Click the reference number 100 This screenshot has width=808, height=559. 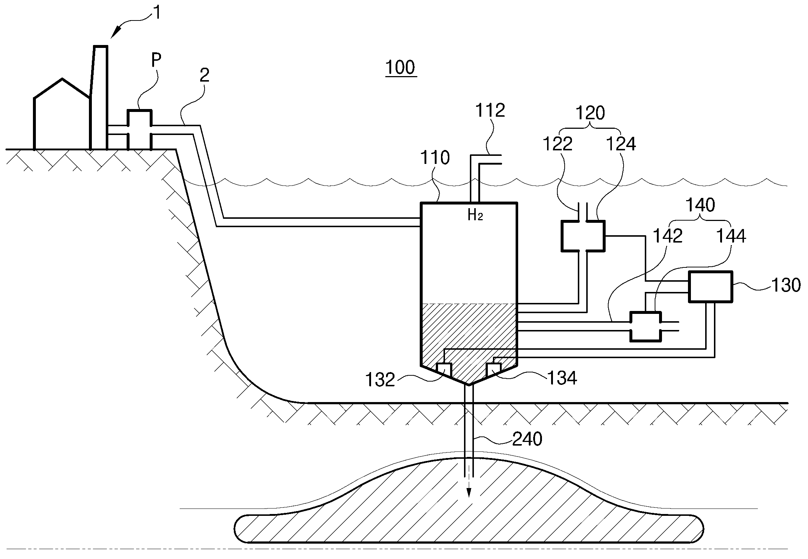tap(401, 68)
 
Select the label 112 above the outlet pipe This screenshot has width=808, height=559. tap(490, 110)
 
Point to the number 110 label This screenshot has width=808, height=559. tap(435, 158)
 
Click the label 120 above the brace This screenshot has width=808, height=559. tap(590, 113)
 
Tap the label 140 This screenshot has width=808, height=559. tap(700, 205)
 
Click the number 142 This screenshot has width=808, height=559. tap(668, 236)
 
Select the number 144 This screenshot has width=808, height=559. tap(731, 236)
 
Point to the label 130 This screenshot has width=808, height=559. tap(786, 285)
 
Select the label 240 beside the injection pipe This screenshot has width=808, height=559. tap(527, 439)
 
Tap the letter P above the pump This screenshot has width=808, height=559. tap(156, 61)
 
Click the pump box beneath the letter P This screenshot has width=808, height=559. tap(139, 130)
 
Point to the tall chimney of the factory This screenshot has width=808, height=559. tap(100, 97)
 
